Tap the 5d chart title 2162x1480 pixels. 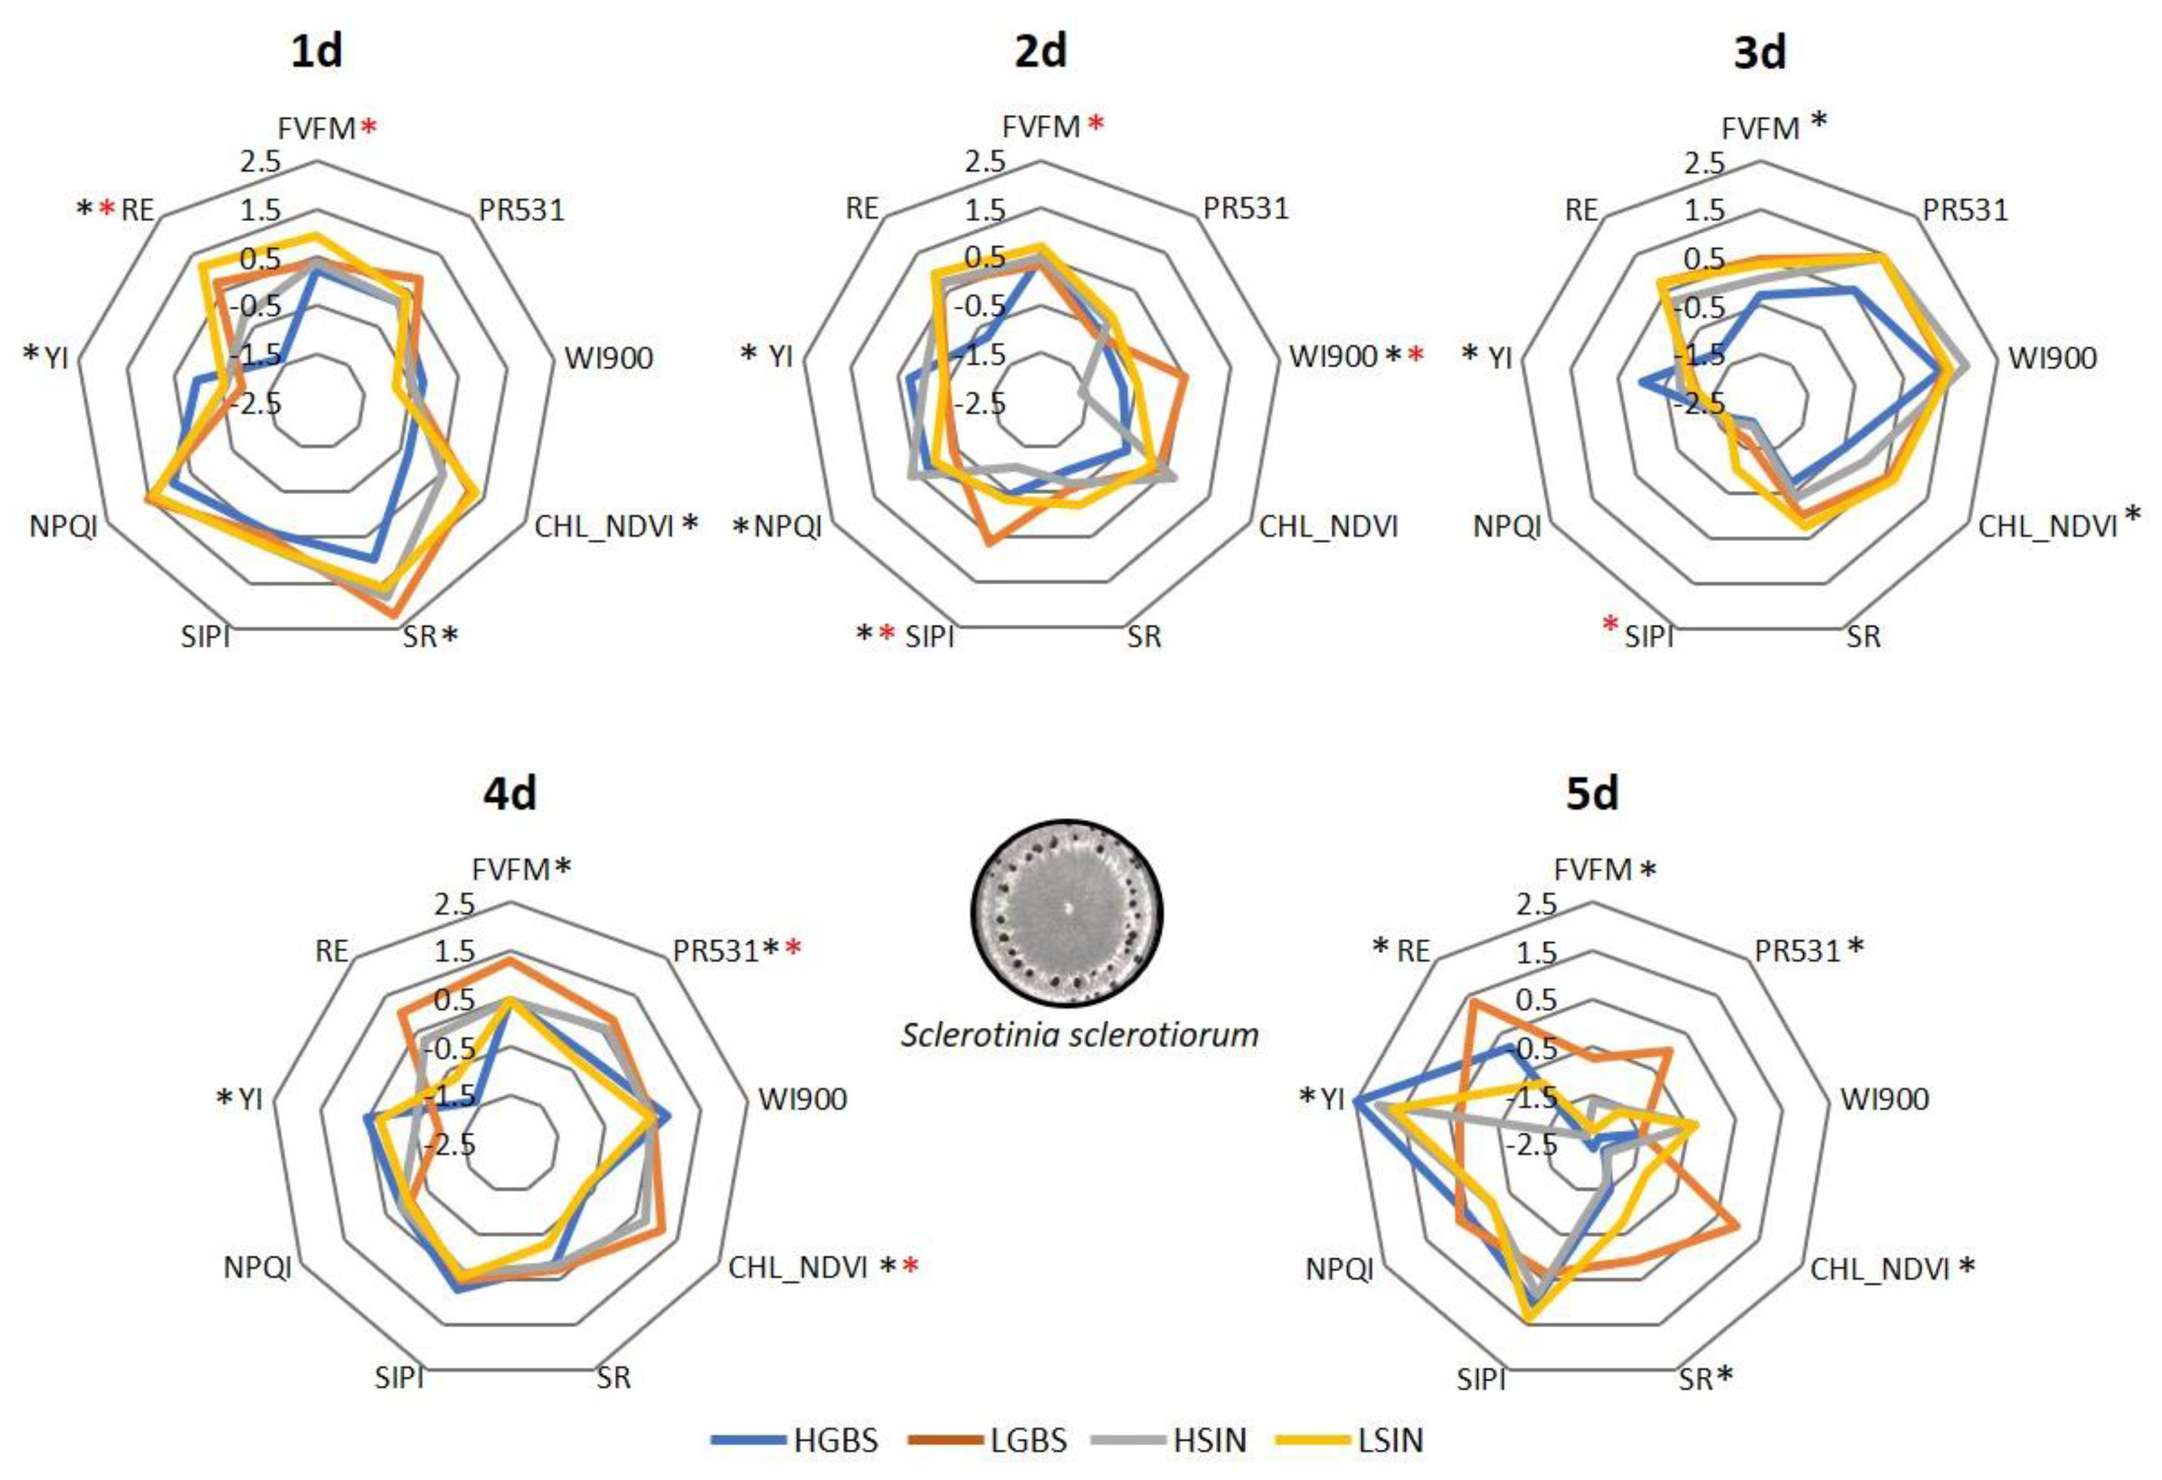1592,793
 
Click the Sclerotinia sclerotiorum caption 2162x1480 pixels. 1079,1035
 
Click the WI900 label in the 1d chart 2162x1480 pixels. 608,358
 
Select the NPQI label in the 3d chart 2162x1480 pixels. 1507,527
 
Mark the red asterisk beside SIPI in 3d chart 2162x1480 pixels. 1610,626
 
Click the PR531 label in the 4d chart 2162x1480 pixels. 716,951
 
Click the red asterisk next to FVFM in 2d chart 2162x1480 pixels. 1096,123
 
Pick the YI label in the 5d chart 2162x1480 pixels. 1332,1100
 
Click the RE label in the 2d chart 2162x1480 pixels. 862,209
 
